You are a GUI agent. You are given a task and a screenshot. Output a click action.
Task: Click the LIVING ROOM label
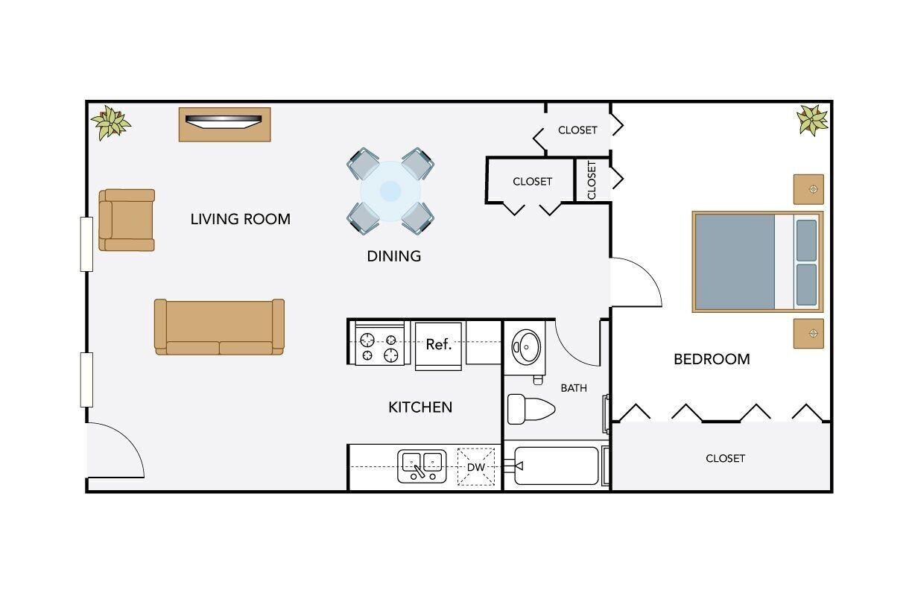click(240, 219)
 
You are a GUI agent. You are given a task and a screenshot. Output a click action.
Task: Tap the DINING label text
click(393, 256)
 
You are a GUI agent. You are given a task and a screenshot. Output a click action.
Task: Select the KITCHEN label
click(420, 407)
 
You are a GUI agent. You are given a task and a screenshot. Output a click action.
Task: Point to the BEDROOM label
click(712, 359)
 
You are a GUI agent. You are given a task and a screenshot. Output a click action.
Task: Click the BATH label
click(574, 388)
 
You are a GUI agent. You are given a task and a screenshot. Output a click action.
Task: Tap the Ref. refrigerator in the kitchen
click(440, 345)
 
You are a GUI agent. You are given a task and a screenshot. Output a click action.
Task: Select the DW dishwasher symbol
click(476, 467)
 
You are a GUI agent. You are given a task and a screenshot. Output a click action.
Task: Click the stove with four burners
click(379, 343)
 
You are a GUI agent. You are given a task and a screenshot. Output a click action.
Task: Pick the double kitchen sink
click(422, 466)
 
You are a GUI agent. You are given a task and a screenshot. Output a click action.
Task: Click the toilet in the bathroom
click(531, 409)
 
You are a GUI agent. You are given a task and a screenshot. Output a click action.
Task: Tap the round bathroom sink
click(527, 346)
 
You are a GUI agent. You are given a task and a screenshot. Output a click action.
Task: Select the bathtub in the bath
click(557, 466)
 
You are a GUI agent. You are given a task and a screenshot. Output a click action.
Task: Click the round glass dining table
click(390, 191)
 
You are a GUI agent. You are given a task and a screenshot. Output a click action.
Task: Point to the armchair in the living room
click(127, 220)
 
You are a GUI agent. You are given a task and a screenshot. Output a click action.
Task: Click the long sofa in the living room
click(219, 327)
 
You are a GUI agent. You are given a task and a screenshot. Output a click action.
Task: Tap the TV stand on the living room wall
click(224, 124)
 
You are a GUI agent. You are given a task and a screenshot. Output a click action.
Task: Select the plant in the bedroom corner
click(811, 119)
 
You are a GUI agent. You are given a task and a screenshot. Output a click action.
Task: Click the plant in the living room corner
click(111, 122)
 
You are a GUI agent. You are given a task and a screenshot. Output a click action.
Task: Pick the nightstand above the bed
click(808, 189)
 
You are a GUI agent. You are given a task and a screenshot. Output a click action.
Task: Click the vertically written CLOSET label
click(592, 180)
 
